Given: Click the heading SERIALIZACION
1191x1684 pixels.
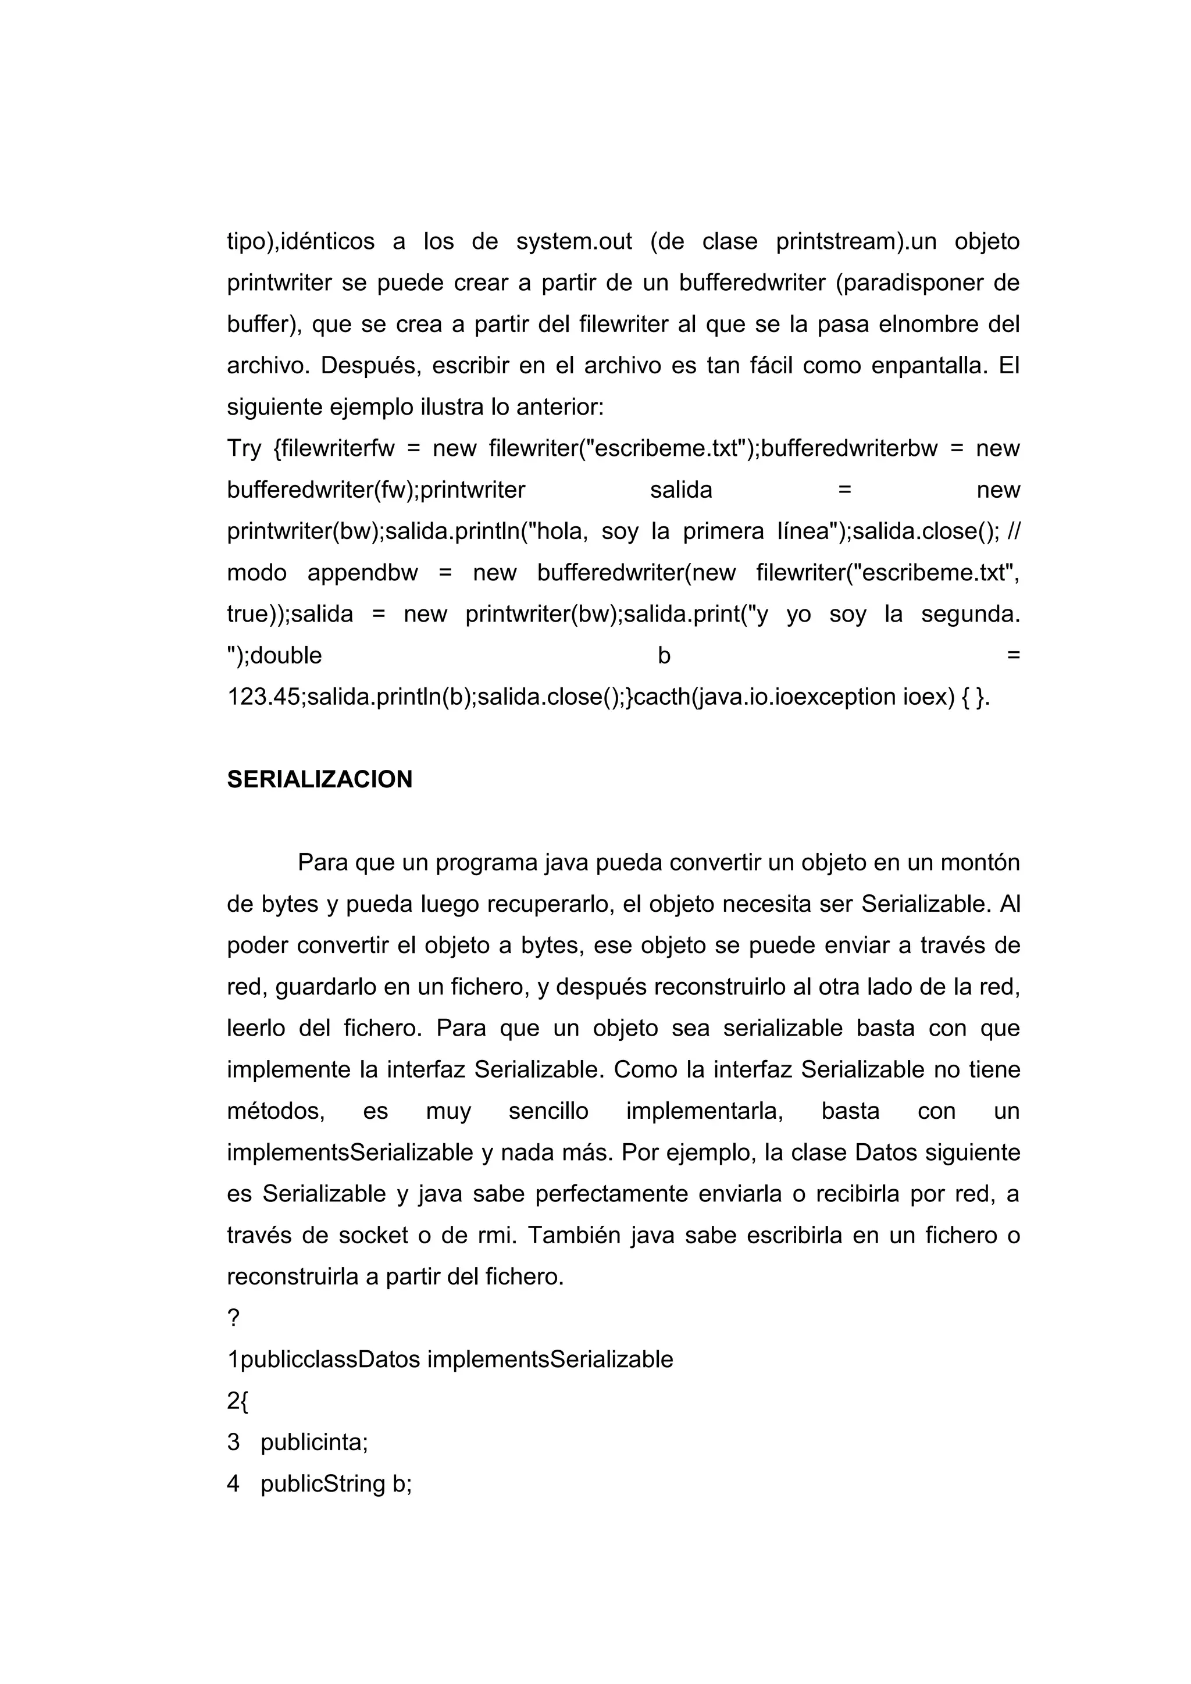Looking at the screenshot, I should pos(319,779).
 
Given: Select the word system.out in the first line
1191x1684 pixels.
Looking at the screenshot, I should pos(573,241).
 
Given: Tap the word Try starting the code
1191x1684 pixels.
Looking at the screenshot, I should pos(244,448).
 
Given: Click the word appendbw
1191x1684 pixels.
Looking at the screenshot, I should pos(362,573).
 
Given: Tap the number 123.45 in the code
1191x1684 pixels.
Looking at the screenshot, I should pos(264,697).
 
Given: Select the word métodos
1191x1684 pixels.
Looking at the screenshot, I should pos(276,1111).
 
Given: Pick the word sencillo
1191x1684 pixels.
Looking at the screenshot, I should pos(548,1111).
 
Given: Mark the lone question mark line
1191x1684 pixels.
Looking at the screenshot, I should pos(233,1319).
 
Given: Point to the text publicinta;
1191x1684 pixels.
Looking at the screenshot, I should pos(314,1443).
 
